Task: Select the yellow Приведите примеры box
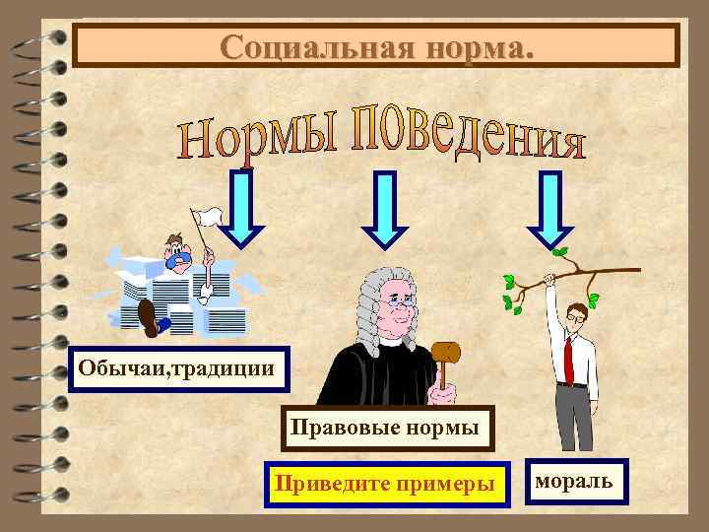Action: [387, 484]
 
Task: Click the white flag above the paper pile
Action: [204, 218]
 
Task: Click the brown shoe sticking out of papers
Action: [147, 316]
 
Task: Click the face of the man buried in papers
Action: [177, 254]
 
